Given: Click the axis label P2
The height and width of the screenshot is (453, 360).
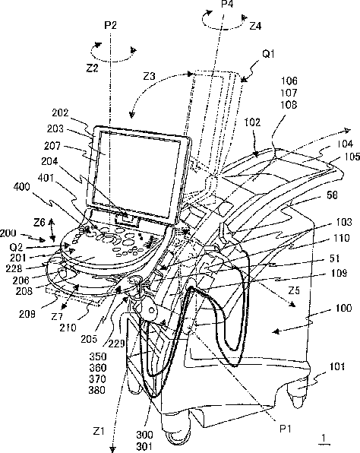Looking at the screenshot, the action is coord(110,25).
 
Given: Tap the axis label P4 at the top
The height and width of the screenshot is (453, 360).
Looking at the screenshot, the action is coord(227,4).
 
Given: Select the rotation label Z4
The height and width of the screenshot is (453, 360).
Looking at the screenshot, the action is coord(255,27).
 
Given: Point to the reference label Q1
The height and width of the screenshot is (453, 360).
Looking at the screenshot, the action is coord(268,54).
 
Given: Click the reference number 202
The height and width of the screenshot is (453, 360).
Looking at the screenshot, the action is coord(60,112).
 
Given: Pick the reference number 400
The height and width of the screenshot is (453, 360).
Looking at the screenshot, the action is coord(22,187).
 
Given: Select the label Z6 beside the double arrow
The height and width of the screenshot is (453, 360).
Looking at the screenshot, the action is coord(39,223).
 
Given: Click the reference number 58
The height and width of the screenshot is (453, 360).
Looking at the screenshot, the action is coord(332,195).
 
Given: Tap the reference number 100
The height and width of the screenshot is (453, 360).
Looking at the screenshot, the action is coord(344,308).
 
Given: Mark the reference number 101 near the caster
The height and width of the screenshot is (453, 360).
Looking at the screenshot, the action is coord(337,366).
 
